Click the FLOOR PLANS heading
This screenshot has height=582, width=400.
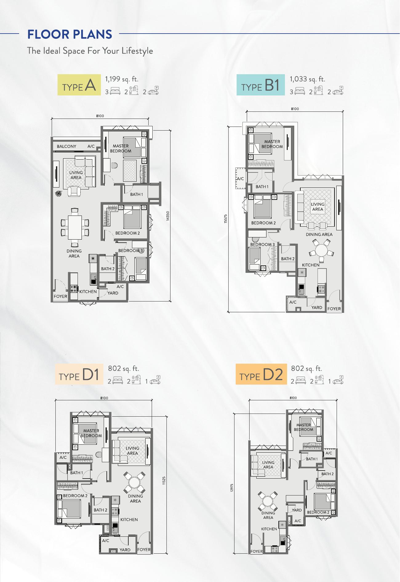click(70, 34)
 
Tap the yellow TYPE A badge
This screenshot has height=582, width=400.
click(79, 85)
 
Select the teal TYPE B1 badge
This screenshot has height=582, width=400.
click(260, 85)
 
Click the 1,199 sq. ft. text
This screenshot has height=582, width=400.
click(122, 79)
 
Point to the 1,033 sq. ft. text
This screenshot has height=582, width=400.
click(307, 79)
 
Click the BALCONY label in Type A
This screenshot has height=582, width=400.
click(66, 146)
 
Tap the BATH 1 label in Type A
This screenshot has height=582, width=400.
click(136, 194)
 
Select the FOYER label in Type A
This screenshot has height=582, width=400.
click(60, 296)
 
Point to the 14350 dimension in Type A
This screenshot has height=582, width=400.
click(168, 216)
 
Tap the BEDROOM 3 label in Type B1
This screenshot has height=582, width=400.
click(262, 245)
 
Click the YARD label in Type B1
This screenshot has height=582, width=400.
click(317, 307)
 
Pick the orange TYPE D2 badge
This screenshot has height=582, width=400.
click(261, 374)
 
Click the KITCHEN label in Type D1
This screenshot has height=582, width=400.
click(129, 519)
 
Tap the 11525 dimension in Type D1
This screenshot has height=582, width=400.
click(164, 481)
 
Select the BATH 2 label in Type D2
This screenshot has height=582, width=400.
click(327, 474)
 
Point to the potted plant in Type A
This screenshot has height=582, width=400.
click(58, 193)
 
